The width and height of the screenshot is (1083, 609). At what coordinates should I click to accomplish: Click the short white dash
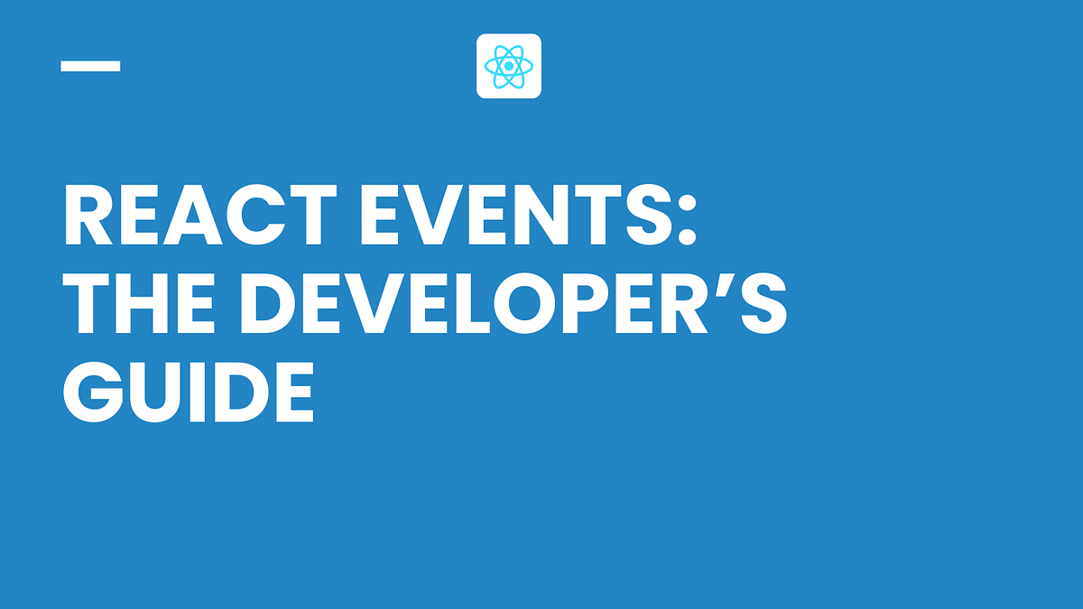[x=90, y=66]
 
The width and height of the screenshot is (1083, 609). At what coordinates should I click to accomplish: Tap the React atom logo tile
[x=509, y=66]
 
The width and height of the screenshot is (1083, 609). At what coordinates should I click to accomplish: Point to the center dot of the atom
[x=509, y=66]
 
